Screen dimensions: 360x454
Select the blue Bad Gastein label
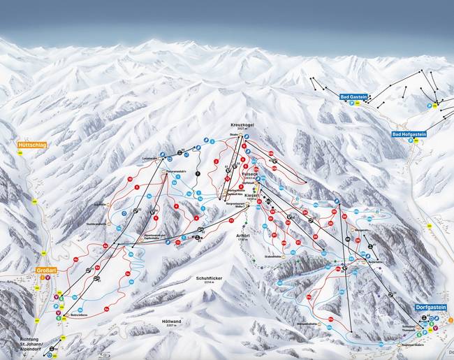point(353,96)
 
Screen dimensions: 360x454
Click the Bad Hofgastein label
point(407,134)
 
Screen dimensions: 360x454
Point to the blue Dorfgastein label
point(430,306)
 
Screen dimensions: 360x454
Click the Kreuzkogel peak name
point(242,124)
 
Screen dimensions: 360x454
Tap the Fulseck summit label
point(249,173)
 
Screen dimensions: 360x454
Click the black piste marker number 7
point(197,173)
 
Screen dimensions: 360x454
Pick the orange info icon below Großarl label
point(41,278)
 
